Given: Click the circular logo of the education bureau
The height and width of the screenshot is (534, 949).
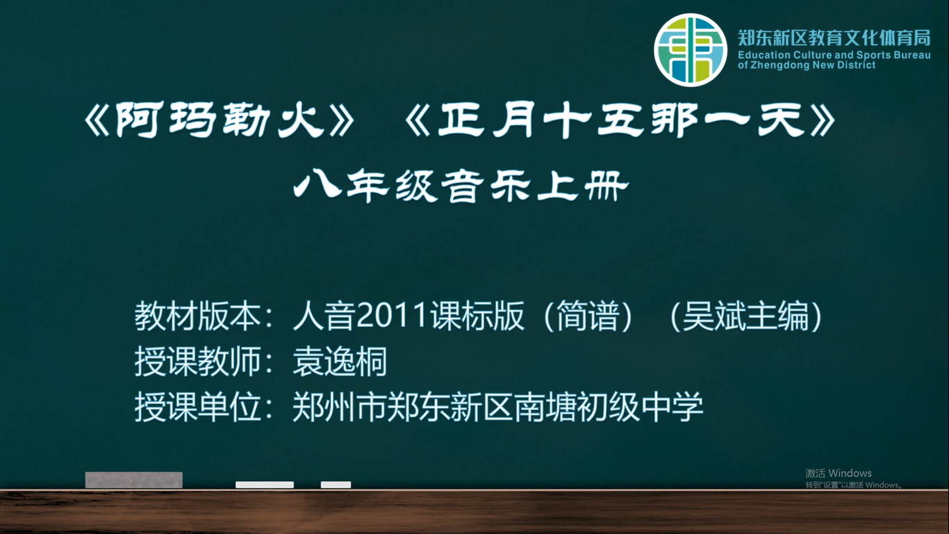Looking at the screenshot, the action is [691, 49].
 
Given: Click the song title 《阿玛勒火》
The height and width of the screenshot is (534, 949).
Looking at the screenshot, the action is [219, 120].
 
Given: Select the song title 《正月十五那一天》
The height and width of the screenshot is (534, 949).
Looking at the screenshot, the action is [620, 120].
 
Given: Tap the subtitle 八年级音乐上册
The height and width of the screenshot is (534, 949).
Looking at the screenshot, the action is [461, 186].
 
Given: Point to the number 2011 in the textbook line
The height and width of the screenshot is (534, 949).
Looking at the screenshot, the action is [391, 316].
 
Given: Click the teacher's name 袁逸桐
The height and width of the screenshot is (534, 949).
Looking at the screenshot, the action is [340, 362].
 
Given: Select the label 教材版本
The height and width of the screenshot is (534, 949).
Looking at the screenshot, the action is [197, 316].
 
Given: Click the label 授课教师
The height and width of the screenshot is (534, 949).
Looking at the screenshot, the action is [197, 362].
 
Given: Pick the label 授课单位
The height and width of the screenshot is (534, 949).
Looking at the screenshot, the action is [197, 407].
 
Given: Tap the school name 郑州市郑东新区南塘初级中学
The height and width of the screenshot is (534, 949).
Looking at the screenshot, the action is [498, 407].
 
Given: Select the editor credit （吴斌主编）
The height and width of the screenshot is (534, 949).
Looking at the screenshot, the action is [745, 316].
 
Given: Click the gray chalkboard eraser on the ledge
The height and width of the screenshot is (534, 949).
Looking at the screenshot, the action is [134, 480].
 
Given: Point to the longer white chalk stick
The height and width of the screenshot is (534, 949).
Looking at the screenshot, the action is [265, 485].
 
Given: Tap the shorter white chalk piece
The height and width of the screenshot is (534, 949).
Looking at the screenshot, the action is [336, 485].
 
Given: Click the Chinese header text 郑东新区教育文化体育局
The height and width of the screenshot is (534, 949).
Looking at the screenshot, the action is [834, 38].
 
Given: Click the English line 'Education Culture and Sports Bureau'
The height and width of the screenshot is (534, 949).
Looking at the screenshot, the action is [834, 55].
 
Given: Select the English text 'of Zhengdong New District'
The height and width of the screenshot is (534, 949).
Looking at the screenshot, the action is [806, 65].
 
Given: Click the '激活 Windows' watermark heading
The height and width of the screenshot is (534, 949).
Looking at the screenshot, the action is [838, 473].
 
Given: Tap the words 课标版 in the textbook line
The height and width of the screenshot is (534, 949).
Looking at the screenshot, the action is [477, 316].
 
